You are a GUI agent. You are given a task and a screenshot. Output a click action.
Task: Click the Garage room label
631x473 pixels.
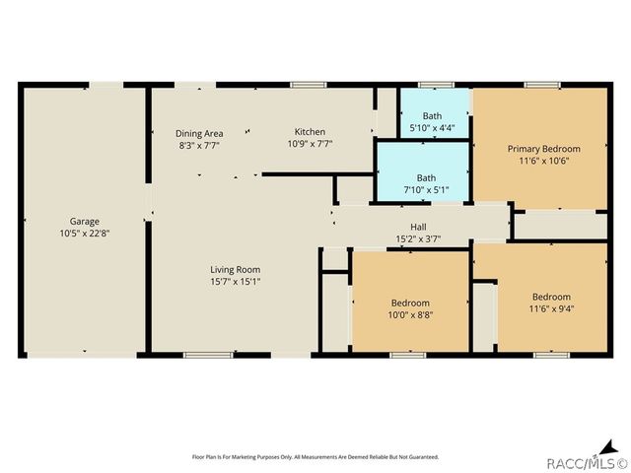pyautogui.click(x=84, y=222)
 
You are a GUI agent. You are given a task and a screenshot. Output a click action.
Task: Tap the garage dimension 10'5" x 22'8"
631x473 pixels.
pyautogui.click(x=84, y=235)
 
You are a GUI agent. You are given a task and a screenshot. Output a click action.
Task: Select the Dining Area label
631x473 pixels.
pyautogui.click(x=199, y=133)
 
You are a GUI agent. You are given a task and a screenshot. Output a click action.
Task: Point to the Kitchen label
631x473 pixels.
pyautogui.click(x=310, y=132)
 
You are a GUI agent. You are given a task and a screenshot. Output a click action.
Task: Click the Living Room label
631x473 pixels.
pyautogui.click(x=235, y=269)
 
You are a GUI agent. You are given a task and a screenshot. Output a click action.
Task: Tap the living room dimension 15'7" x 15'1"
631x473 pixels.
pyautogui.click(x=235, y=282)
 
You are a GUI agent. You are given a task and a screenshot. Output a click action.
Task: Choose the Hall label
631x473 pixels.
pyautogui.click(x=418, y=226)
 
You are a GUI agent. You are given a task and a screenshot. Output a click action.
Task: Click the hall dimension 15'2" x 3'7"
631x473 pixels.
pyautogui.click(x=418, y=238)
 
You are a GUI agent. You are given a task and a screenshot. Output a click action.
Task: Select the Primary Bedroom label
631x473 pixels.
pyautogui.click(x=539, y=149)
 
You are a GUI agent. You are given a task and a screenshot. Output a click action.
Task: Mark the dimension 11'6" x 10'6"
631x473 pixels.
pyautogui.click(x=539, y=161)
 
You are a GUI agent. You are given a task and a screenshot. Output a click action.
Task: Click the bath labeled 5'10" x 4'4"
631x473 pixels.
pyautogui.click(x=432, y=121)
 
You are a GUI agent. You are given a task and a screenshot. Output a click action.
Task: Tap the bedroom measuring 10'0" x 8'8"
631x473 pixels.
pyautogui.click(x=410, y=308)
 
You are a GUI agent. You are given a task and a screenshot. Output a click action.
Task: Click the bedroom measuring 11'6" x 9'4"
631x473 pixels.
pyautogui.click(x=551, y=304)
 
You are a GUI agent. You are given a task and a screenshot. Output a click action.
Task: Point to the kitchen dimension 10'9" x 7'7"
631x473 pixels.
pyautogui.click(x=310, y=144)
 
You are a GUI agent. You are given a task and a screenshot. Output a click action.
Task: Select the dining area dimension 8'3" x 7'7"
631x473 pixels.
pyautogui.click(x=199, y=145)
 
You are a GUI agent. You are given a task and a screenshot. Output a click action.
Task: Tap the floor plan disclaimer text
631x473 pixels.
pyautogui.click(x=315, y=457)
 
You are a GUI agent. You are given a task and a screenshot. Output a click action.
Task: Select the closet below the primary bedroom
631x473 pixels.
pyautogui.click(x=560, y=225)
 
